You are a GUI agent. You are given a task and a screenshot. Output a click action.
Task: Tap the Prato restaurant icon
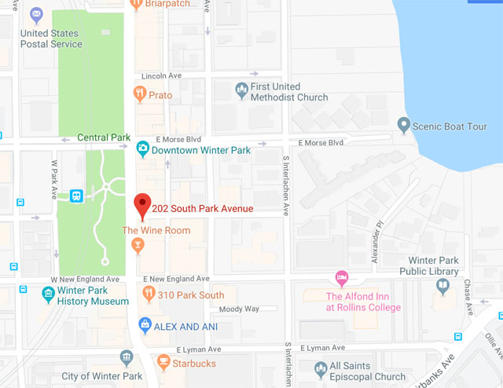[x=139, y=95]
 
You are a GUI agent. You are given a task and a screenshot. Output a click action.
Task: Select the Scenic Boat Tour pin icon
[x=403, y=126]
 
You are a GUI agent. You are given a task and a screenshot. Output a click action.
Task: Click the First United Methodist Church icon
[x=241, y=91]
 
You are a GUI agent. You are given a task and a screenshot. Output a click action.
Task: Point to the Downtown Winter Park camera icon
[x=143, y=148]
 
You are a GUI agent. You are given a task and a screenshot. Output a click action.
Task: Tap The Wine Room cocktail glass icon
[x=138, y=247]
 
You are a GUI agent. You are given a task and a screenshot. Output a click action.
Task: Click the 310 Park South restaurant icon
[x=147, y=295]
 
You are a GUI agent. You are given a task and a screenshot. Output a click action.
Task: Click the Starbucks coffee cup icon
[x=163, y=363]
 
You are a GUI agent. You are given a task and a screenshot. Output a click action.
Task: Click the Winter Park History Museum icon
[x=49, y=295]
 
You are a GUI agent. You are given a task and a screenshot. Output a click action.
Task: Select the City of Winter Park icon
[x=127, y=359]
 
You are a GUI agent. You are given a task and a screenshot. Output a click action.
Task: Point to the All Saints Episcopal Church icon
[x=320, y=369]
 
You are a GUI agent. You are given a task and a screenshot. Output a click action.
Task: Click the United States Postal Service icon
[x=36, y=15]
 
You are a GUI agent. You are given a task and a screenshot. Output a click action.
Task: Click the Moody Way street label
[x=239, y=309]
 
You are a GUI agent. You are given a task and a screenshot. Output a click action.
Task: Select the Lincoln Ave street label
[x=161, y=76]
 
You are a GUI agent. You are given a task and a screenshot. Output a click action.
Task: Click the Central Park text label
[x=104, y=137]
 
